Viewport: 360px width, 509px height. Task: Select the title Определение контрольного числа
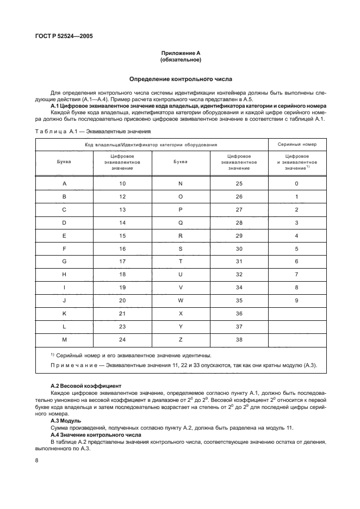tap(181, 79)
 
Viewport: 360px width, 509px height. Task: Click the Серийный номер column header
tap(297, 145)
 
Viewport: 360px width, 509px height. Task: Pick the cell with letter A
tap(64, 183)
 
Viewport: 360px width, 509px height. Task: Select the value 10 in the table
tap(122, 183)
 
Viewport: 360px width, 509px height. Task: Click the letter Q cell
tap(181, 222)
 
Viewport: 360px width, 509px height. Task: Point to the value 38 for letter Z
tap(239, 340)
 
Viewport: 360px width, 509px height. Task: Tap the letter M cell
tap(64, 340)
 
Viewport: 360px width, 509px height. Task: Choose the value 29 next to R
tap(239, 235)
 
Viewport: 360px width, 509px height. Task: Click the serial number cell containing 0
tap(297, 183)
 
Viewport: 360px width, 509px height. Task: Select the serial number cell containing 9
tap(297, 301)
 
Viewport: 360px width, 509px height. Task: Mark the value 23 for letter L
tap(122, 327)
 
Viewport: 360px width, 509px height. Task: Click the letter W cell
tap(181, 301)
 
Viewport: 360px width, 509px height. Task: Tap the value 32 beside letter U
tap(239, 275)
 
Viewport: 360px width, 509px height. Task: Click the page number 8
tap(36, 460)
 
